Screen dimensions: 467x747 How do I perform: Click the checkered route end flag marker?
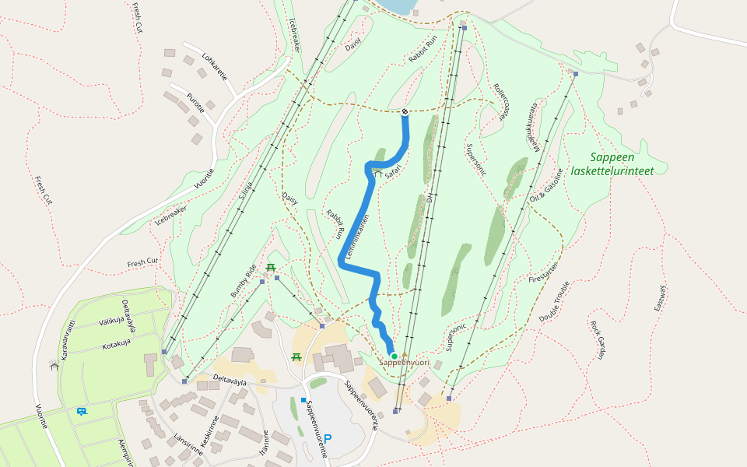405,112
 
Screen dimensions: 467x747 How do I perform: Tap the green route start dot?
395,356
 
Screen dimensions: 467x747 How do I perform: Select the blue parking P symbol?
328,439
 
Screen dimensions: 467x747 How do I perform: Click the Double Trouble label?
555,300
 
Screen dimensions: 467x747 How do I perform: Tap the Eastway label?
663,299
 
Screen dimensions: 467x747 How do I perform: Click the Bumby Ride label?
243,282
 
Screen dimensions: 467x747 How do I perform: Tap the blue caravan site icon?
81,411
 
